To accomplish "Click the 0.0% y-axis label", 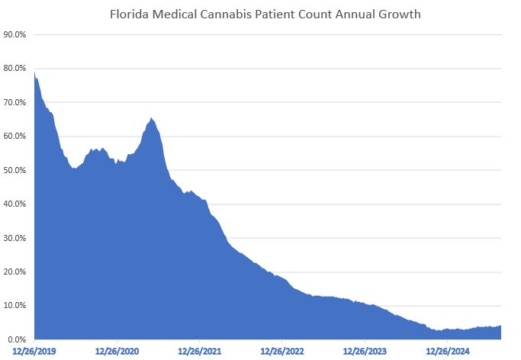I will pyautogui.click(x=18, y=339).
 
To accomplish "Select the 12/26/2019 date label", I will pyautogui.click(x=35, y=352).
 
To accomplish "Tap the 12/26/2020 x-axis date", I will pyautogui.click(x=117, y=352).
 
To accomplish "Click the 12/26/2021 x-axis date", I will pyautogui.click(x=200, y=352).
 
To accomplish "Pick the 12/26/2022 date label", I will pyautogui.click(x=282, y=352).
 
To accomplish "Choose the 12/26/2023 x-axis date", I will pyautogui.click(x=365, y=352).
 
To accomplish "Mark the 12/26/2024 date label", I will pyautogui.click(x=447, y=352).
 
